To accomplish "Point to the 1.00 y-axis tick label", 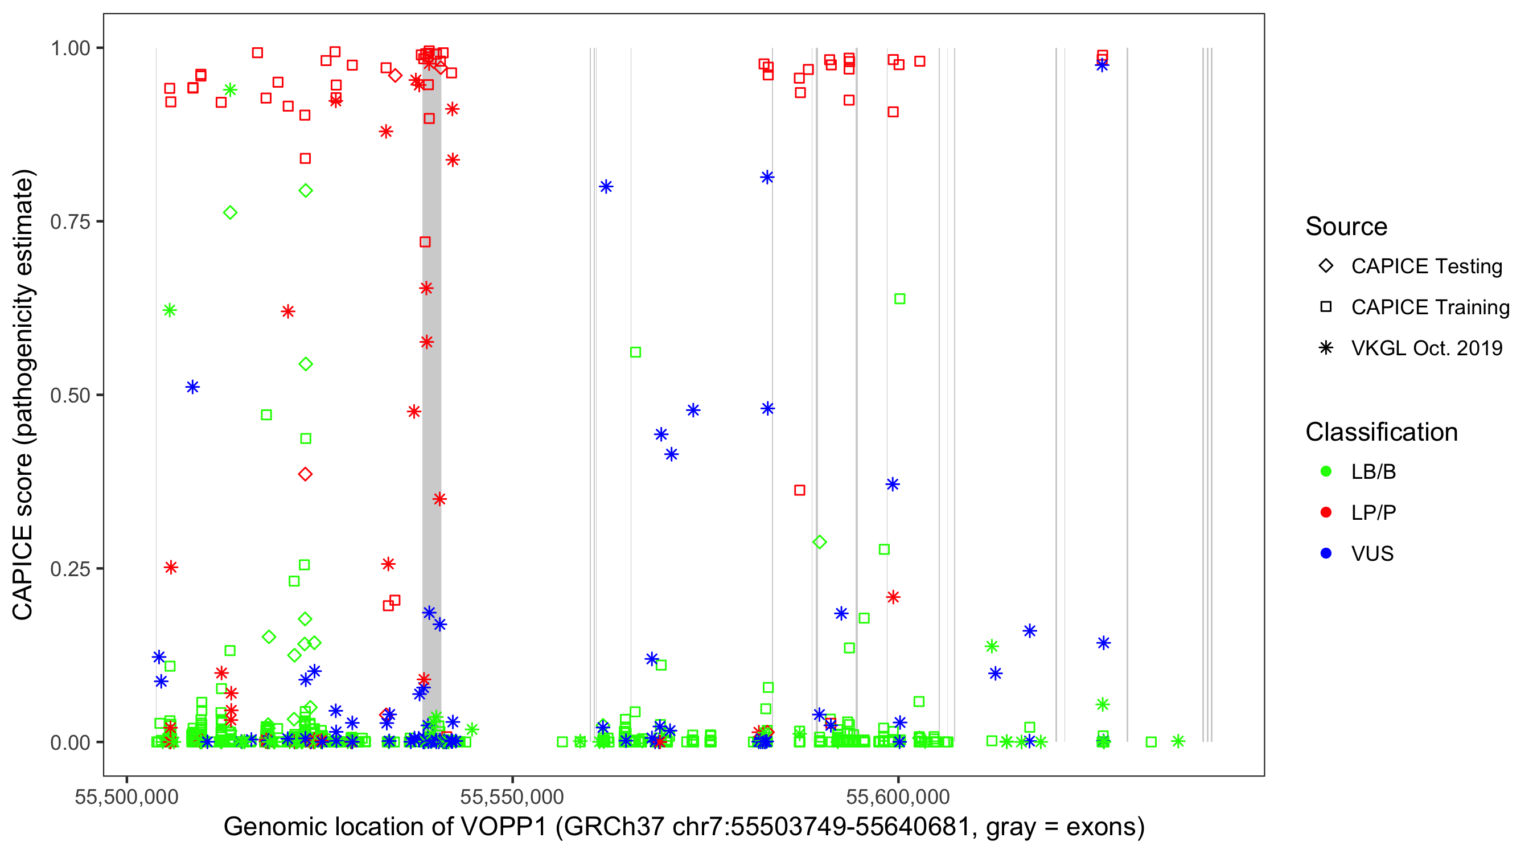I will click(x=70, y=48).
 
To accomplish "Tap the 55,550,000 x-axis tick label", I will click(x=512, y=796).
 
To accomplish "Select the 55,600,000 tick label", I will click(x=897, y=796).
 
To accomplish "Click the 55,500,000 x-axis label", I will click(x=126, y=796).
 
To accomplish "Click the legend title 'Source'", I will click(x=1346, y=227).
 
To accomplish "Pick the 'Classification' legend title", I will click(x=1381, y=432).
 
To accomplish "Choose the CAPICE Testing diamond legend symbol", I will click(x=1326, y=266).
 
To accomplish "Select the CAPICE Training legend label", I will click(x=1430, y=307).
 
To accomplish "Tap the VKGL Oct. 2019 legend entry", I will click(x=1427, y=348).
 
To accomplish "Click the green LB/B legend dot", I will click(x=1326, y=471).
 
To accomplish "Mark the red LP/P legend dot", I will click(x=1326, y=512).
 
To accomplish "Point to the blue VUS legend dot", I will click(x=1326, y=553).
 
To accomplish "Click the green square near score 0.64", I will click(x=900, y=299).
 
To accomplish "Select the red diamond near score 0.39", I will click(x=306, y=474).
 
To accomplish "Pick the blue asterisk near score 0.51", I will click(x=192, y=387).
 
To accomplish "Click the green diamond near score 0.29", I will click(x=819, y=542).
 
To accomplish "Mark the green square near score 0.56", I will click(x=635, y=352).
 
